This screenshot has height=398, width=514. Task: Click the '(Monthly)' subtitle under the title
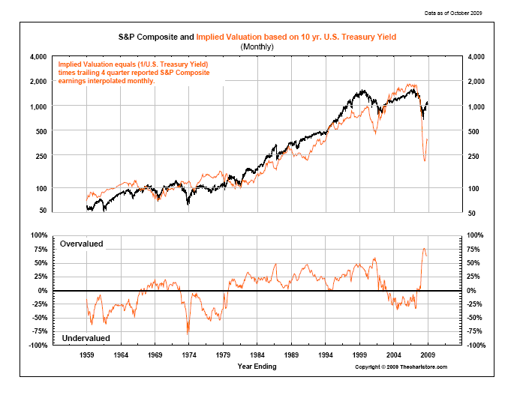[x=257, y=46]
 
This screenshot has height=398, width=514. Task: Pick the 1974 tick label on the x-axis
[x=189, y=355]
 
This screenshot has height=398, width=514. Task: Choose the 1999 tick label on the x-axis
[x=360, y=355]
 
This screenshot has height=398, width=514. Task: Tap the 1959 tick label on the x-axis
[x=87, y=355]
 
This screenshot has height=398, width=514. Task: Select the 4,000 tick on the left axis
[x=38, y=57]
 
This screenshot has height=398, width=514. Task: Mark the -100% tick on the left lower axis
[x=36, y=345]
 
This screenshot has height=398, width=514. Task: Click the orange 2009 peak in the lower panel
[x=424, y=248]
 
